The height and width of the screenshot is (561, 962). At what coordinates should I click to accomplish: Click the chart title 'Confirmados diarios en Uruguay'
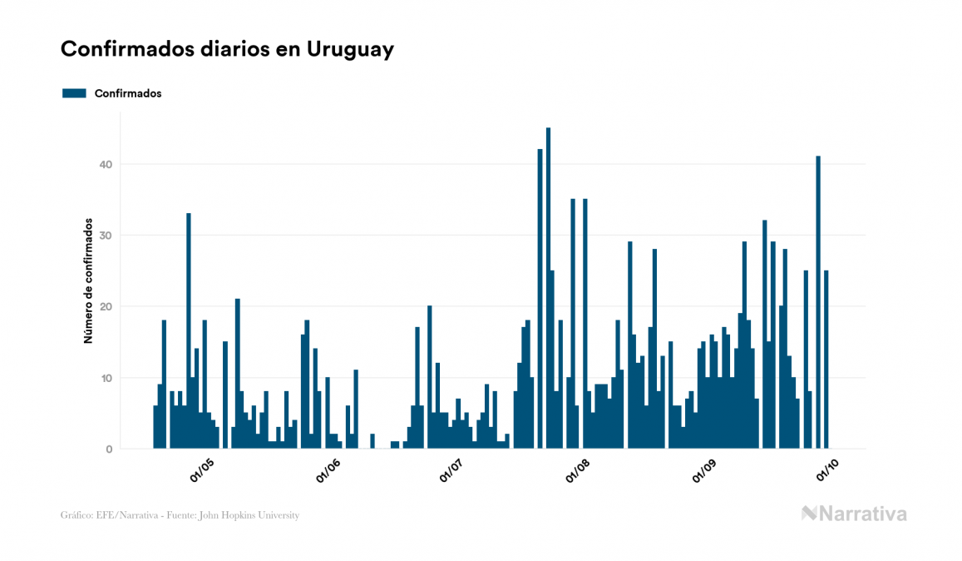227,49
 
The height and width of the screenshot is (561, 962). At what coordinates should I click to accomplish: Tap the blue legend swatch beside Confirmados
74,93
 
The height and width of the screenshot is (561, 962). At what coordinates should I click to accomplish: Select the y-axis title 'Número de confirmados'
87,281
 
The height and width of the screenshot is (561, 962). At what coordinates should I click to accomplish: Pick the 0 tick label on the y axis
108,449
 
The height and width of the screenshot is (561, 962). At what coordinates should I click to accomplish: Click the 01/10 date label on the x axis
827,471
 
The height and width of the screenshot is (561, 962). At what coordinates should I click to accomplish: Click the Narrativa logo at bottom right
854,514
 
